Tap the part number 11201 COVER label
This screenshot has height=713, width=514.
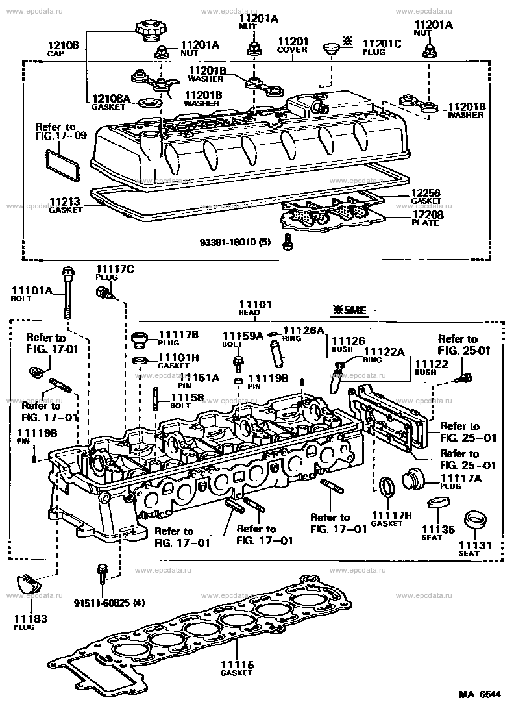pos(292,44)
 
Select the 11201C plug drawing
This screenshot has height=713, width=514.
pos(332,47)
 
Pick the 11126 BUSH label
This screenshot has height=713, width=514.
pos(349,344)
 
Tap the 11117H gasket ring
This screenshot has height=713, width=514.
pos(387,486)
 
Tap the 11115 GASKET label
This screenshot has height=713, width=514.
pos(236,669)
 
